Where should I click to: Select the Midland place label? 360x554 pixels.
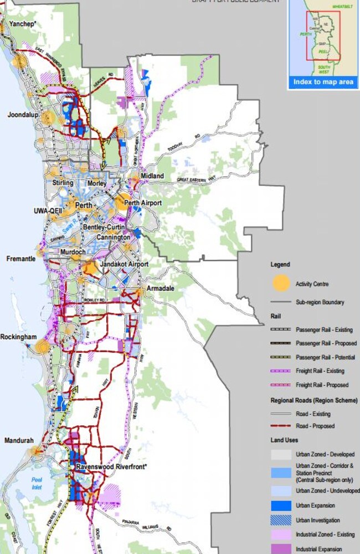(x=152, y=176)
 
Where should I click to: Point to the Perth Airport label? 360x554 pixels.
(x=143, y=203)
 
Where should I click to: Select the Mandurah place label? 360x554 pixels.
(x=19, y=441)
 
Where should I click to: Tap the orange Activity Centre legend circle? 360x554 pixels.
(x=281, y=283)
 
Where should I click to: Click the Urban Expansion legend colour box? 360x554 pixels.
(x=281, y=505)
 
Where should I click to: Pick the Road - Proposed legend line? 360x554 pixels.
(x=281, y=426)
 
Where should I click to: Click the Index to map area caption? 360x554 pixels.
(x=323, y=83)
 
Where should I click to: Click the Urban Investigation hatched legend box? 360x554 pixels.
(x=281, y=520)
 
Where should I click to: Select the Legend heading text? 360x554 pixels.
(x=280, y=265)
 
